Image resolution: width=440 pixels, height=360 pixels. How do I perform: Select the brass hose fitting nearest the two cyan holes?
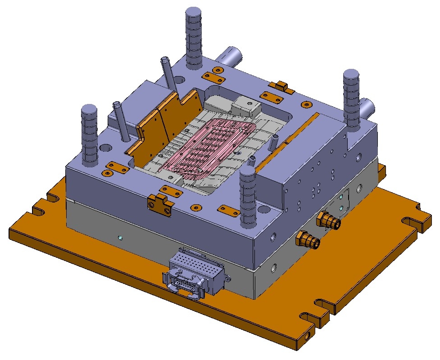(x=328, y=221)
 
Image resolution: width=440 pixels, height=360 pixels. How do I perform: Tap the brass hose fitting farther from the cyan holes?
(x=308, y=240)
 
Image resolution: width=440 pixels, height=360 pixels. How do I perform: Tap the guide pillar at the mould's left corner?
(x=89, y=135)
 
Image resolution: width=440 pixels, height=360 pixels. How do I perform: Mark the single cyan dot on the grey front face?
(x=120, y=237)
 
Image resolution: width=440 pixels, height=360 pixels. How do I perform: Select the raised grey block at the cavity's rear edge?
(x=245, y=106)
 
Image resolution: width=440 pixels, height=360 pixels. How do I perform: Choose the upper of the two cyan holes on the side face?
(x=341, y=198)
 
